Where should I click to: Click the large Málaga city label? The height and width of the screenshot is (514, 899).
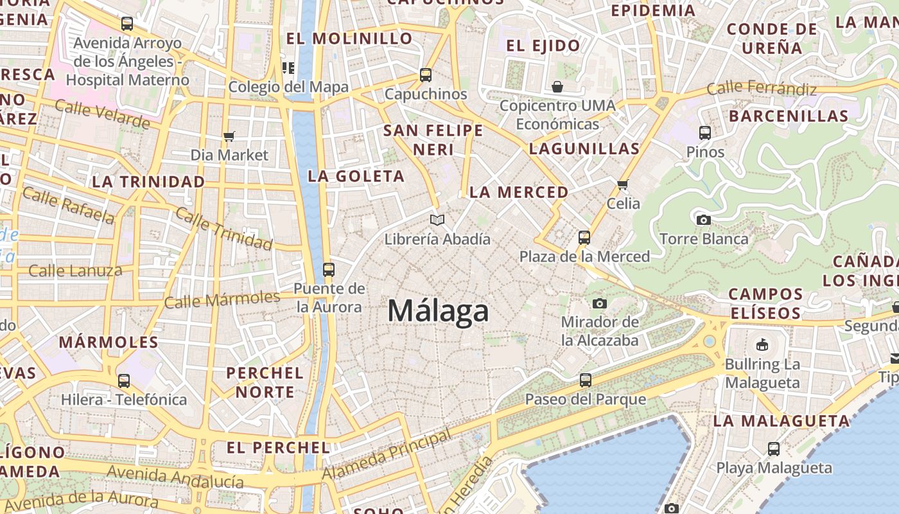coord(439,311)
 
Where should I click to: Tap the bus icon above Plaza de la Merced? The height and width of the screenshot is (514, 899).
coord(584,238)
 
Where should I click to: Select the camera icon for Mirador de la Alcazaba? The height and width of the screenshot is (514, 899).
coord(600,303)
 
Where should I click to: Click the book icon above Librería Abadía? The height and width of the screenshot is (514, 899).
coord(437,220)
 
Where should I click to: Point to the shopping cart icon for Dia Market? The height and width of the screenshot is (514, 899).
coord(229,136)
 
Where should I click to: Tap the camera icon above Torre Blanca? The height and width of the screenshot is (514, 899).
coord(704,220)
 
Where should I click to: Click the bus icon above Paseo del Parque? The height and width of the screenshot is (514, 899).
coord(585,380)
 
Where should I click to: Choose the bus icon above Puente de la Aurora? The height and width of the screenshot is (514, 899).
coord(329,270)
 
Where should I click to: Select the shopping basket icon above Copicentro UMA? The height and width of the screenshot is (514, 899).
coord(557,87)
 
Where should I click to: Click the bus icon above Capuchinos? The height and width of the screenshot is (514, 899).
coord(425,75)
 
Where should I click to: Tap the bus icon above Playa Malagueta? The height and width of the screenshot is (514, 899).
coord(774,449)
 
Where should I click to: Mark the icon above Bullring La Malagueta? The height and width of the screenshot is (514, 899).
coord(762,345)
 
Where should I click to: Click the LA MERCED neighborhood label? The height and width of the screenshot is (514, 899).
coord(519,192)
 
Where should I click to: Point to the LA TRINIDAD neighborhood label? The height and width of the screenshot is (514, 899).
coord(148,182)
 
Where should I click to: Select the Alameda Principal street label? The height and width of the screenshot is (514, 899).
coord(387,455)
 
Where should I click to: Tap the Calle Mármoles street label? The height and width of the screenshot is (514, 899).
coord(222,299)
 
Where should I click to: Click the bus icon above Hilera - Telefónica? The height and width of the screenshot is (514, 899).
coord(124,381)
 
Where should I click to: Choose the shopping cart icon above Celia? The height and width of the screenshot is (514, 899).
coord(622,185)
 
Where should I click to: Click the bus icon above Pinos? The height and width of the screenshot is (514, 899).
coord(705,134)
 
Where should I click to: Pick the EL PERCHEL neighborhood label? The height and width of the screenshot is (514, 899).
coord(278,447)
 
